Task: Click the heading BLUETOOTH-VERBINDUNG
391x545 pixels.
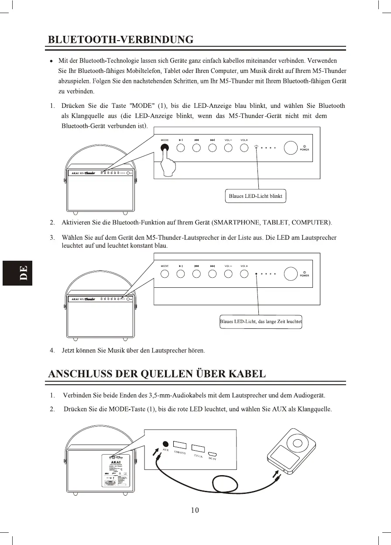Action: tap(120, 40)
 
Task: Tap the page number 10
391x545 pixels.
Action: tap(195, 510)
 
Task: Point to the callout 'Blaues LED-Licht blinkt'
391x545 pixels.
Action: tap(255, 196)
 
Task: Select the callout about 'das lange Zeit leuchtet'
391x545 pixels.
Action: tap(261, 322)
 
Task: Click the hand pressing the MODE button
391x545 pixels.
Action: tap(166, 165)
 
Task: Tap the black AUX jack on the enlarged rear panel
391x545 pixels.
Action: tap(165, 443)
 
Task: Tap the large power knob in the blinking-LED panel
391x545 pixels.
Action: tap(291, 148)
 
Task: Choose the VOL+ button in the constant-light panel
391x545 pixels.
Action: tap(244, 274)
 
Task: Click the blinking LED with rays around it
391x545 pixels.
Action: tap(257, 148)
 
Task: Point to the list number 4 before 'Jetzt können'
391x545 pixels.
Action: tap(52, 350)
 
